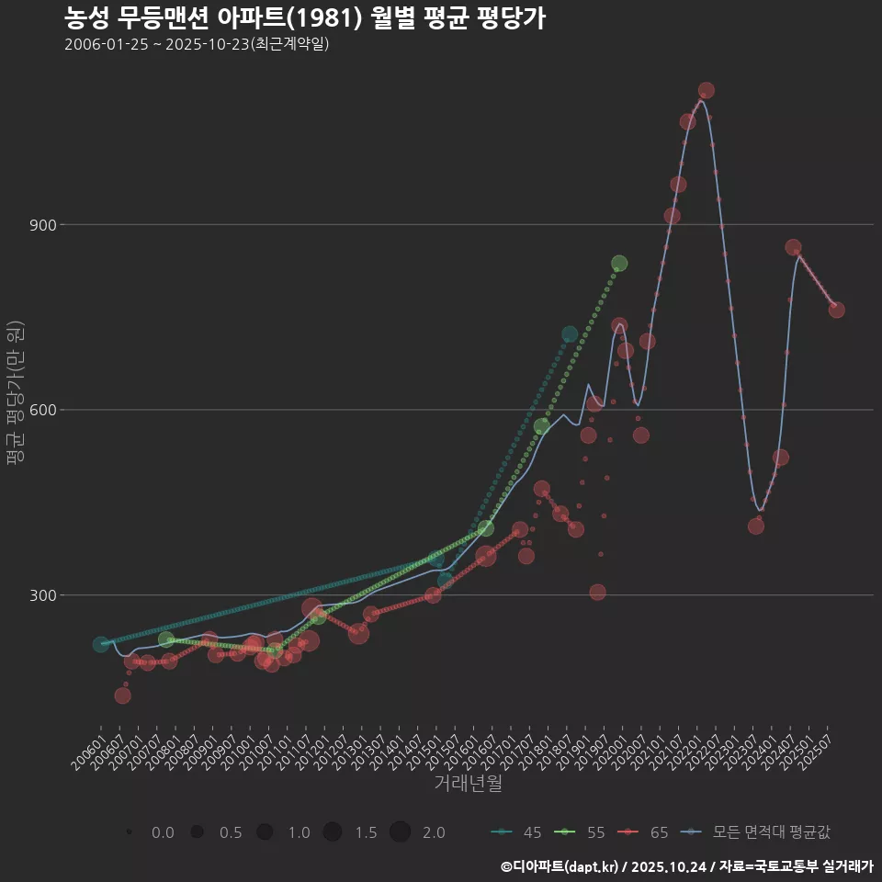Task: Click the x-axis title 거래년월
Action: tap(468, 784)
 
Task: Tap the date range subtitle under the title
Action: tap(197, 45)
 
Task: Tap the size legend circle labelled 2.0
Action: tap(400, 832)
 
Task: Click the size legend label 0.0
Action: tap(163, 832)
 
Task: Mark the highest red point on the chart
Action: tap(706, 90)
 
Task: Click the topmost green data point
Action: tap(619, 264)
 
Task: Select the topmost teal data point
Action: tap(570, 334)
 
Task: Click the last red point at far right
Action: tap(836, 310)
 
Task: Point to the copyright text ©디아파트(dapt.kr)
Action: tap(561, 865)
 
